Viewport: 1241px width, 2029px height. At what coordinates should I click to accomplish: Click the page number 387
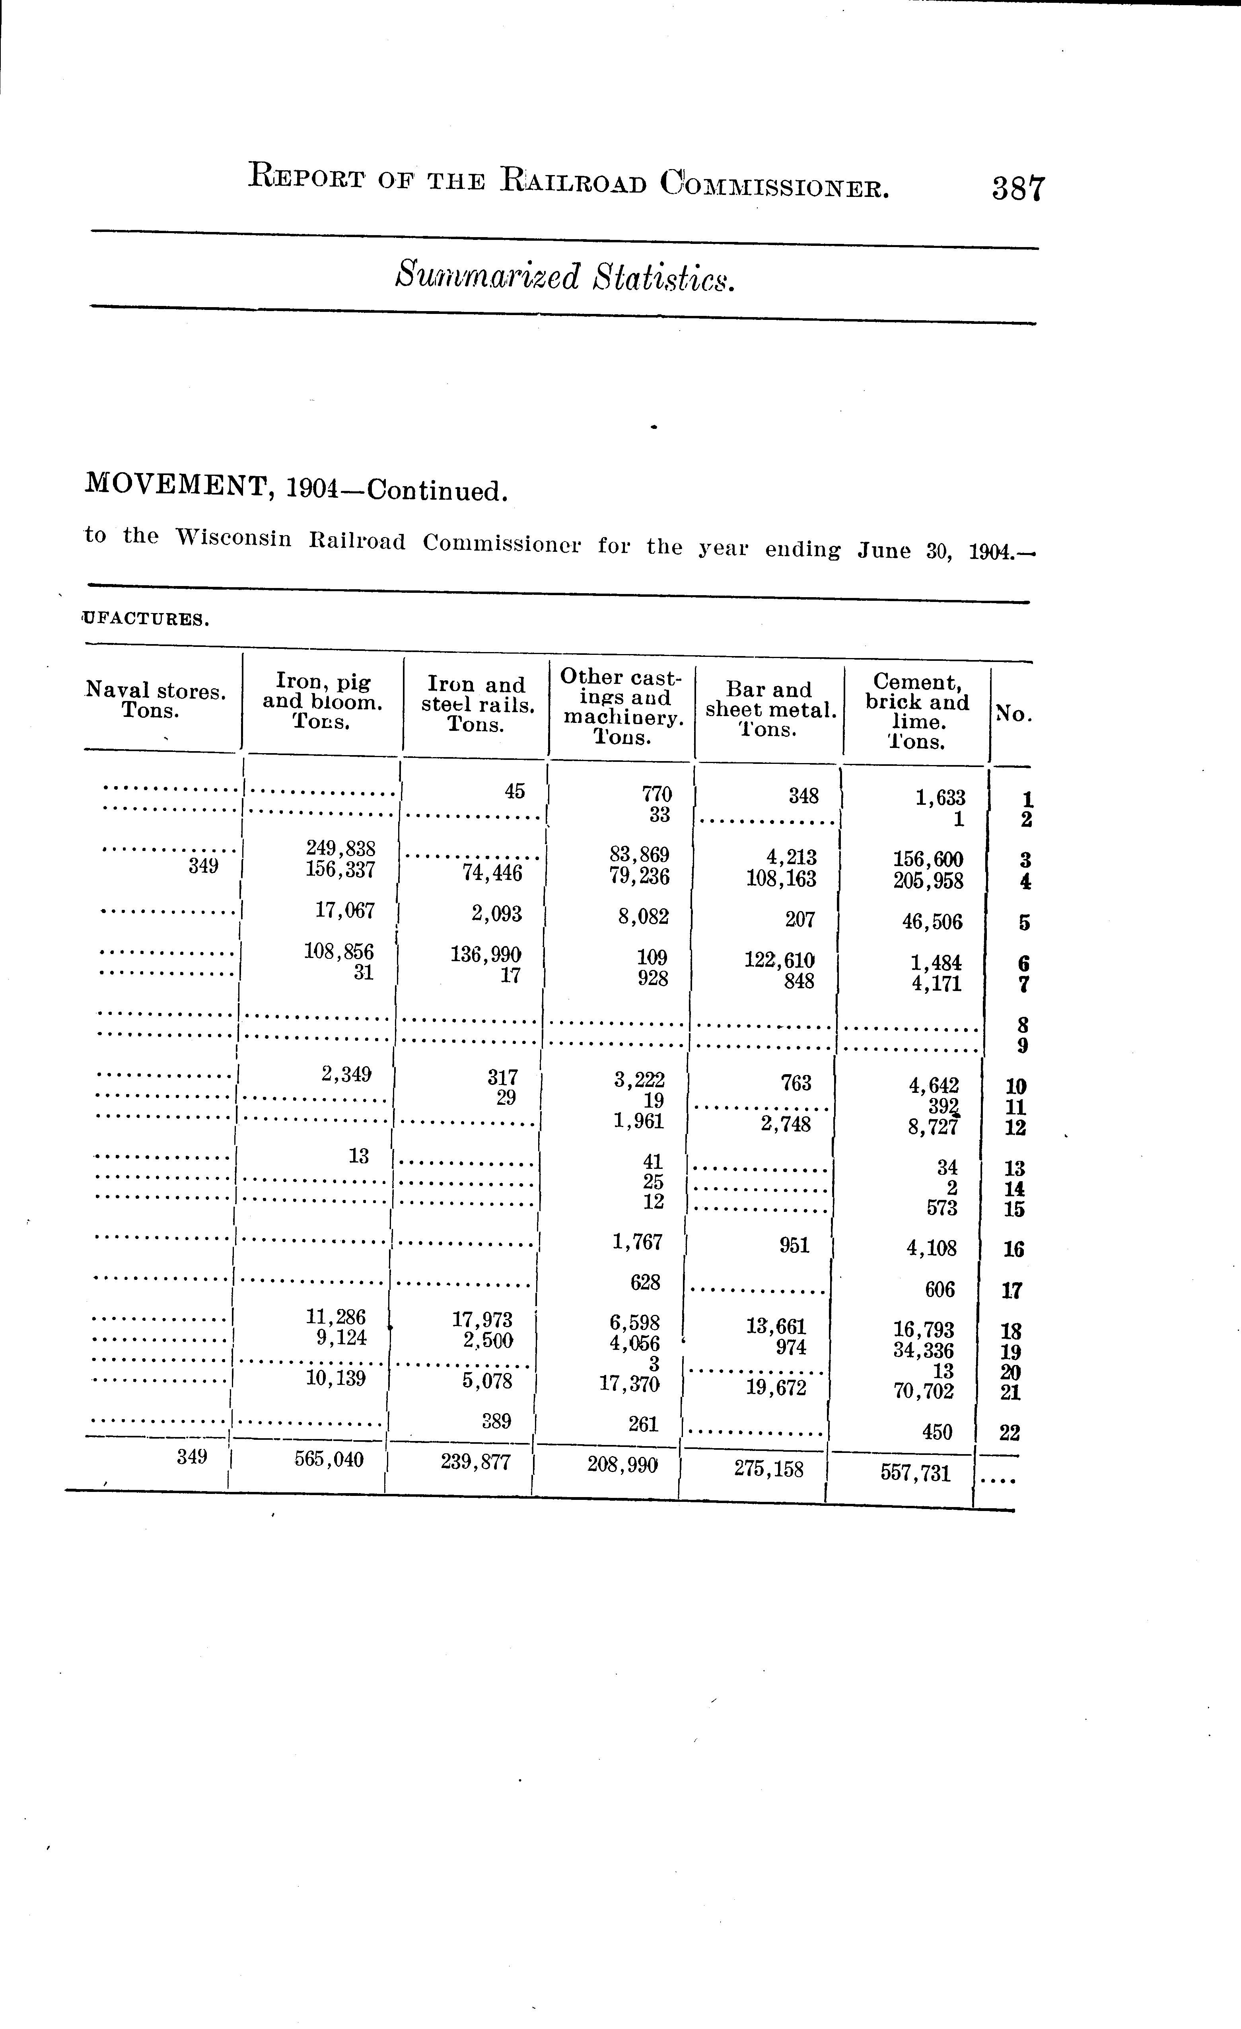1018,189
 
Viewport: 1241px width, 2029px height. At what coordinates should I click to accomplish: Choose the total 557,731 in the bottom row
915,1472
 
